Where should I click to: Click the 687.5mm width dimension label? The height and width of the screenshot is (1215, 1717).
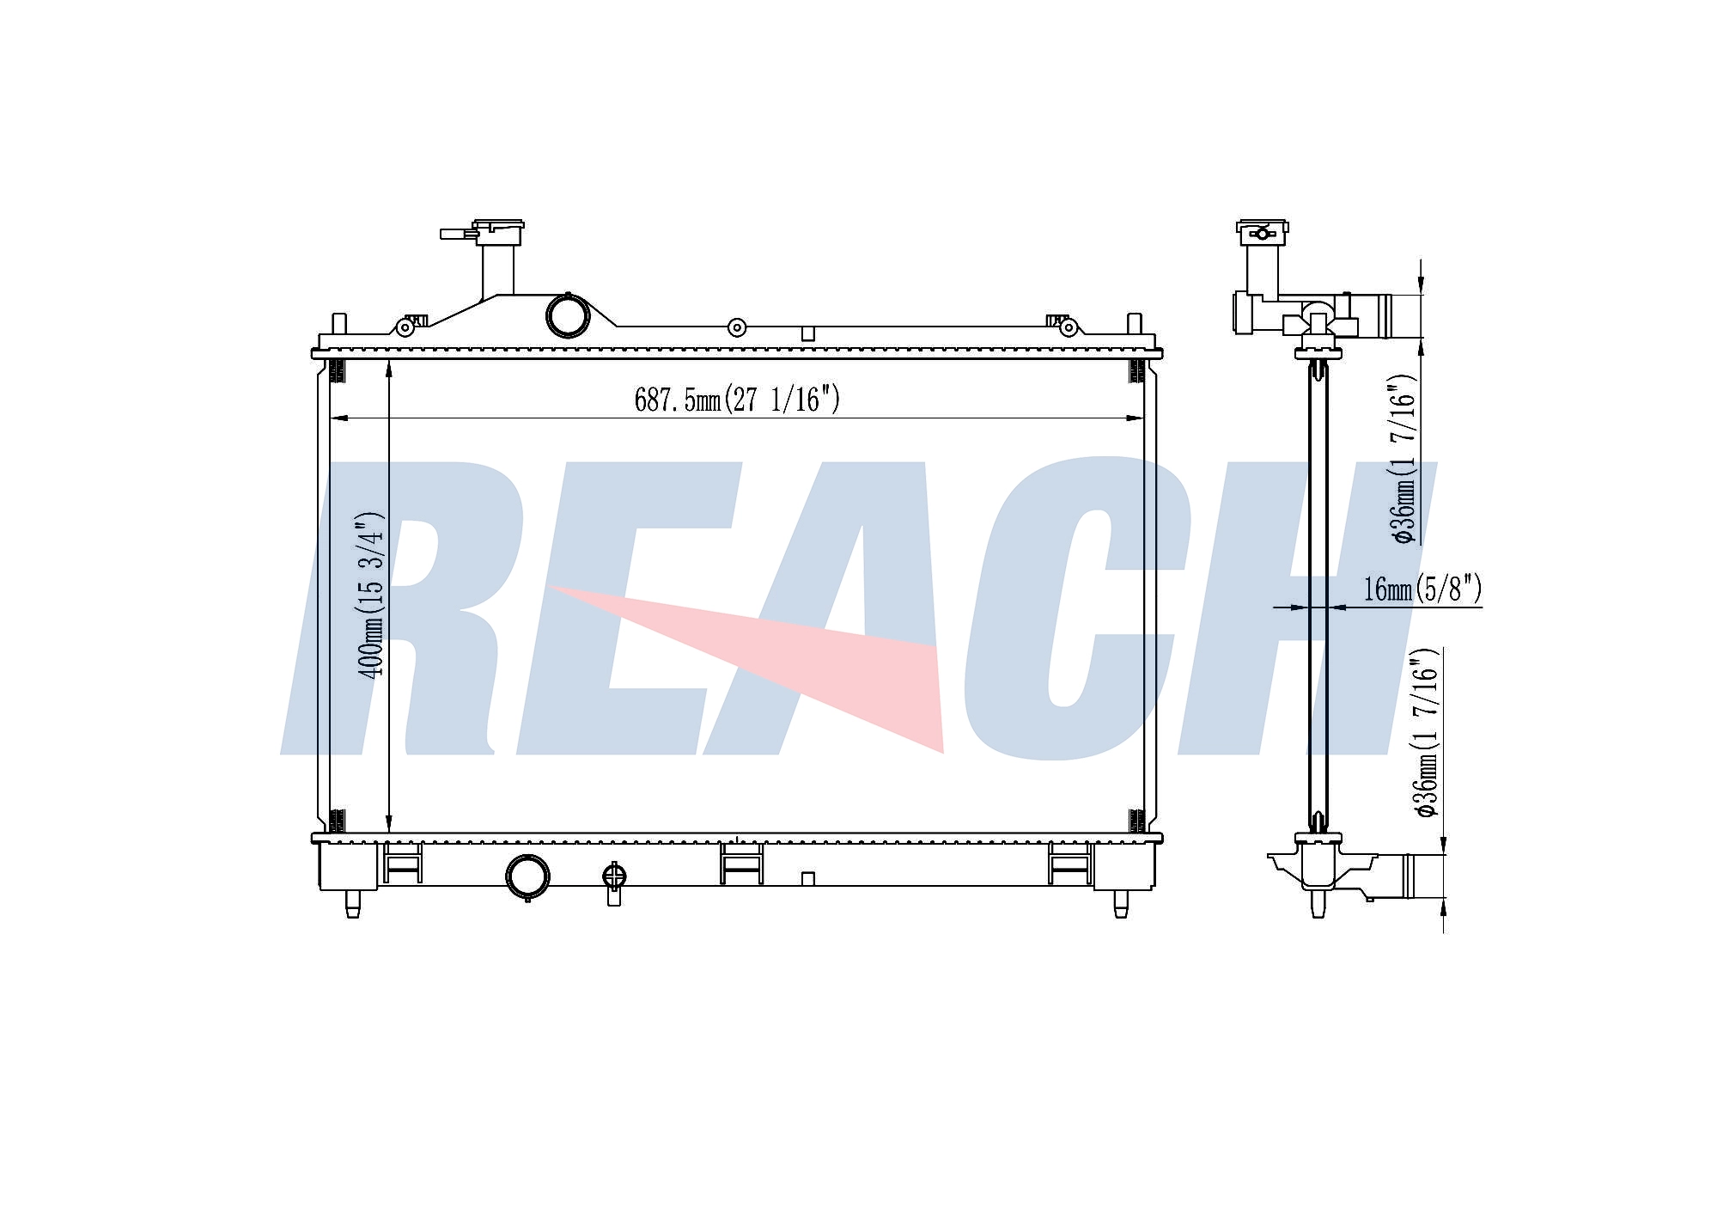point(737,400)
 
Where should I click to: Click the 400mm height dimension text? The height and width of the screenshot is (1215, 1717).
point(372,595)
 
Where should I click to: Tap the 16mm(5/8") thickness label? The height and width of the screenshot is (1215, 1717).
point(1422,589)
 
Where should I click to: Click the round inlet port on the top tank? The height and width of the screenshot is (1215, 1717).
point(568,315)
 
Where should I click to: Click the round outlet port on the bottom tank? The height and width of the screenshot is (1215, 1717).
point(527,876)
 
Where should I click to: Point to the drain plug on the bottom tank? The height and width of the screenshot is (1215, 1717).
point(614,882)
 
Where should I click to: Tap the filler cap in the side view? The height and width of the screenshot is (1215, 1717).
point(1262,229)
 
